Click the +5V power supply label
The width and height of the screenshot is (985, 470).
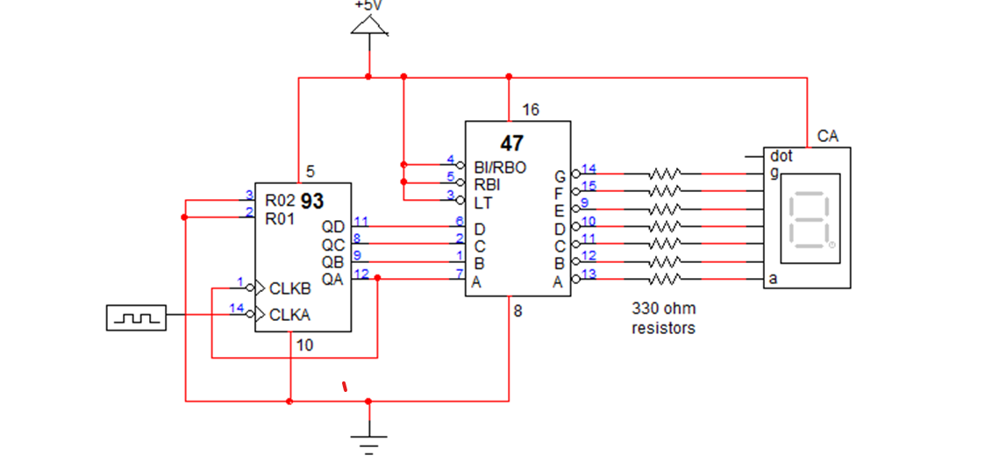(x=368, y=4)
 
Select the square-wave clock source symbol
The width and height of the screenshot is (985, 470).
(x=135, y=317)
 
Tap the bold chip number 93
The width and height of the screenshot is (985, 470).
(x=312, y=202)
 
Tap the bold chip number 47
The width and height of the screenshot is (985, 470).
(x=511, y=144)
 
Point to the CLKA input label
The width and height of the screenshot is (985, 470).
(x=289, y=315)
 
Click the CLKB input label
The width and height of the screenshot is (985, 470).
(x=289, y=288)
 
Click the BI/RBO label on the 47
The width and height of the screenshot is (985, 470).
(x=500, y=167)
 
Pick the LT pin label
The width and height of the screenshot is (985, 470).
(x=482, y=203)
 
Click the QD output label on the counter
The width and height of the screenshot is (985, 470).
(x=333, y=227)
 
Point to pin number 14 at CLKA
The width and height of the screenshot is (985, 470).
(x=237, y=308)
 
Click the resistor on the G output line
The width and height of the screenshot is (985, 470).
(x=664, y=174)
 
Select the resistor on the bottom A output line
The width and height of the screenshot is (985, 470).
(x=664, y=280)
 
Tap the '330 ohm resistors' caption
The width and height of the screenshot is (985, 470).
(x=663, y=318)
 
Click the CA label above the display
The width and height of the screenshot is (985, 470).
(x=827, y=136)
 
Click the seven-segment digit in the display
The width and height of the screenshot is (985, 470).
(x=810, y=220)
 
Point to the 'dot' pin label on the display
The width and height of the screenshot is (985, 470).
(x=781, y=156)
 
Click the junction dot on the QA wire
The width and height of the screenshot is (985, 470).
(x=377, y=278)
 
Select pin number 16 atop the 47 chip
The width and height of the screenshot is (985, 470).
(x=531, y=110)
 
